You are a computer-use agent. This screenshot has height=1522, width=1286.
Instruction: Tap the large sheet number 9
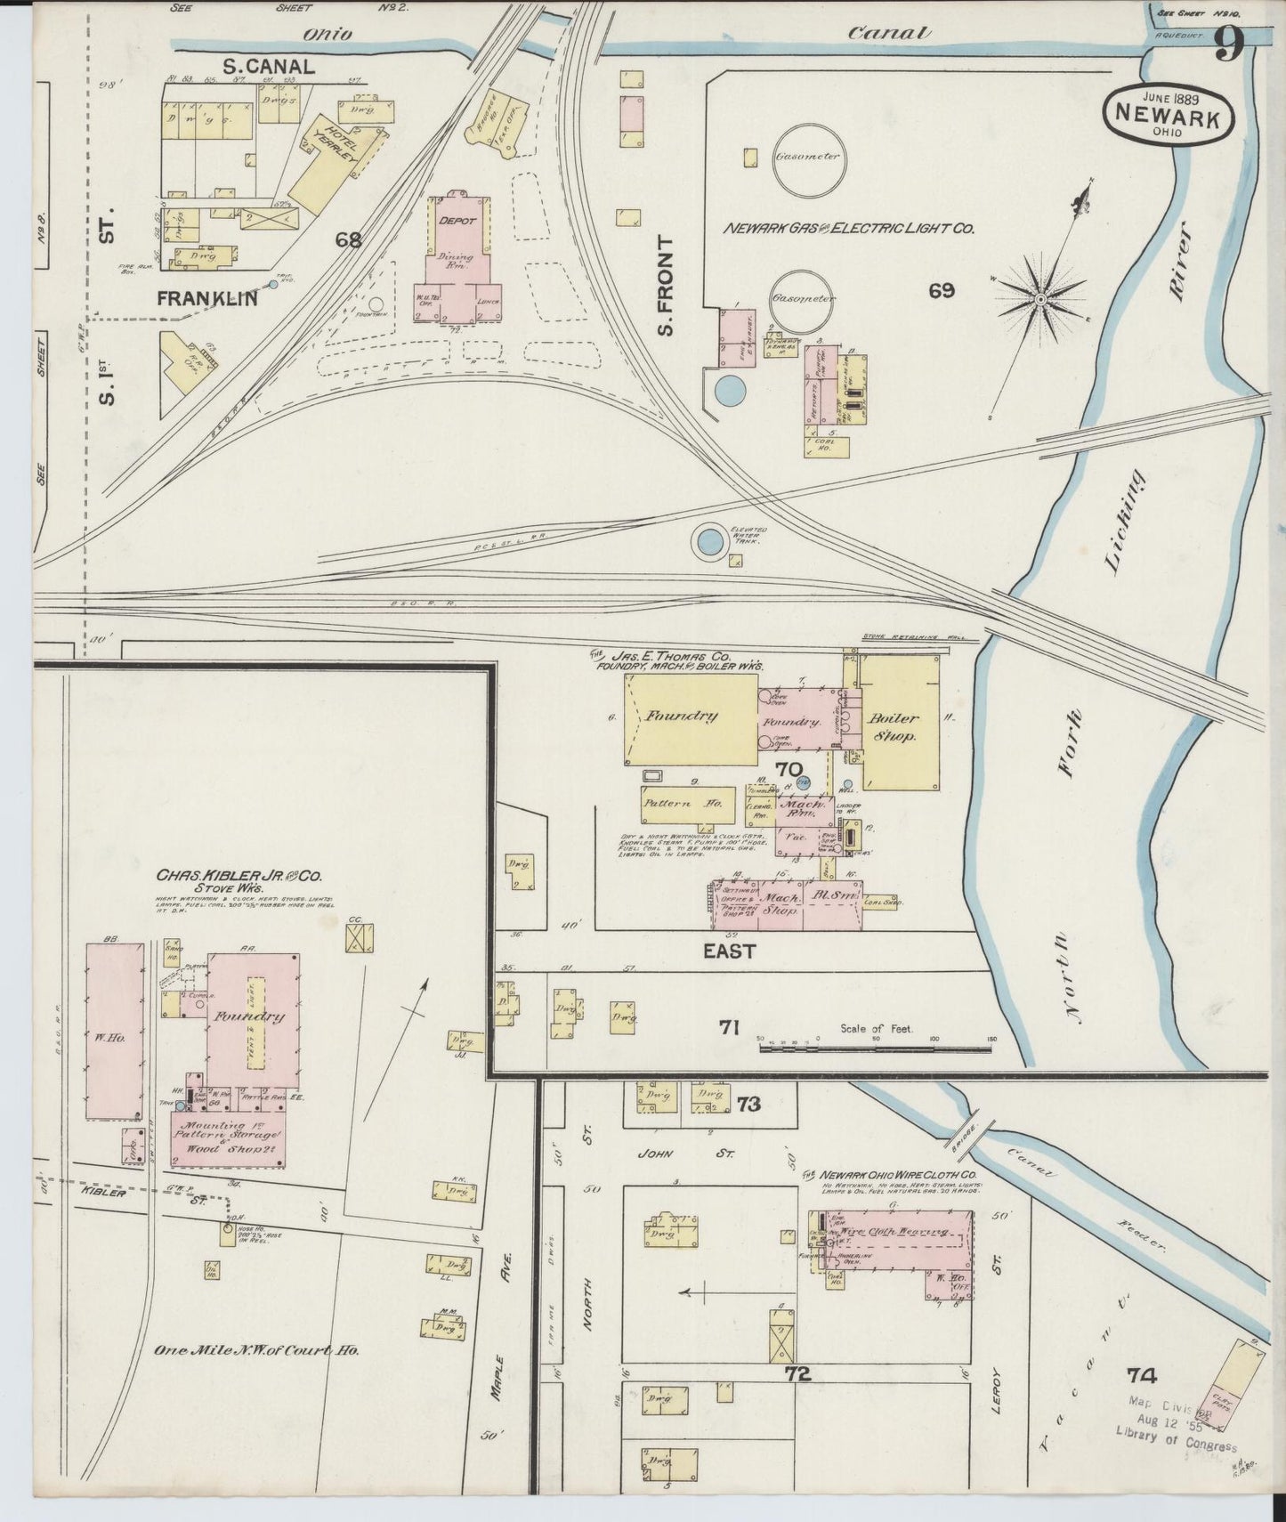1227,45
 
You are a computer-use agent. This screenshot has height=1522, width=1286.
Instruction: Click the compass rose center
1040,301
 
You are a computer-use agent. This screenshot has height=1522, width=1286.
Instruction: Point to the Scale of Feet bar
876,1048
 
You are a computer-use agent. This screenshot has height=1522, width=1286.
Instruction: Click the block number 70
788,769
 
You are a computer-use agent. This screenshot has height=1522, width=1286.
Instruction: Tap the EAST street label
729,951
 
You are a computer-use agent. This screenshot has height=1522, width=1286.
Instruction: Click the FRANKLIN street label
206,299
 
